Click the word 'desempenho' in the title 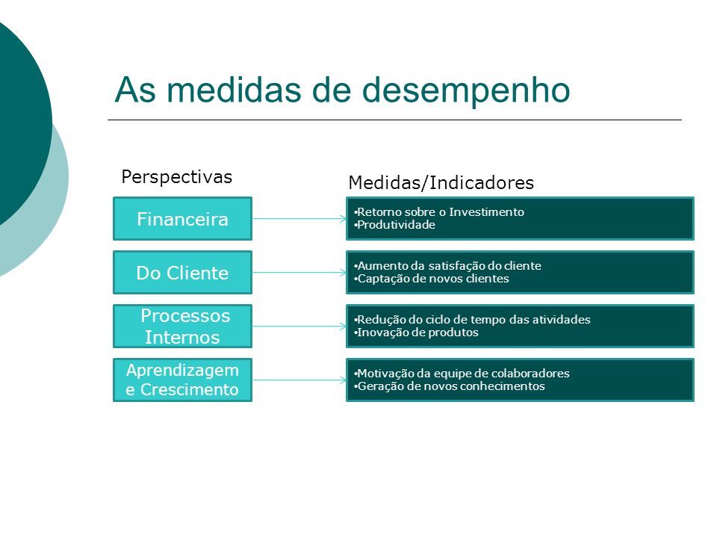click(466, 90)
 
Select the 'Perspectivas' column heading click(176, 177)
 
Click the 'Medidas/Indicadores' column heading click(441, 182)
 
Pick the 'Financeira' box click(182, 219)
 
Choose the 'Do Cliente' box click(182, 273)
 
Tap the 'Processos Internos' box click(182, 327)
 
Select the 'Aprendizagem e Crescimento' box click(182, 380)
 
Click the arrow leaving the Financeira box click(299, 219)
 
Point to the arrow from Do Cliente click(299, 273)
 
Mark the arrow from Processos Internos click(299, 327)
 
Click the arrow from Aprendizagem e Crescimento click(299, 380)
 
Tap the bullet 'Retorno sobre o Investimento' click(439, 211)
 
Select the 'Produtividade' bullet click(394, 225)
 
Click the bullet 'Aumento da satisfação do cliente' click(447, 266)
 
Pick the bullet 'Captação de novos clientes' click(431, 279)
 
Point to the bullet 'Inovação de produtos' click(416, 333)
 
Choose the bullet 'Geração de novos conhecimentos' click(449, 386)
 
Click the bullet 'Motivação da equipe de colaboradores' click(462, 374)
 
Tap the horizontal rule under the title click(394, 120)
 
